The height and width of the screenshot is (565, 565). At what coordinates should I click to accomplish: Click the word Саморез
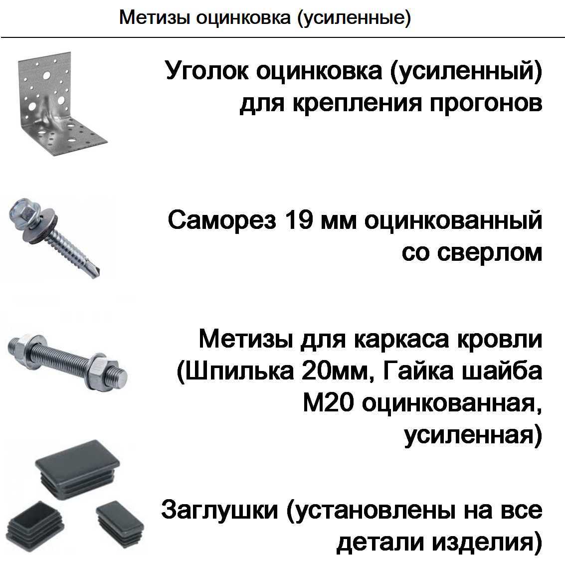(221, 220)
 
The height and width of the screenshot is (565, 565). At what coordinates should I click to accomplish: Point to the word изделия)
(487, 543)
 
